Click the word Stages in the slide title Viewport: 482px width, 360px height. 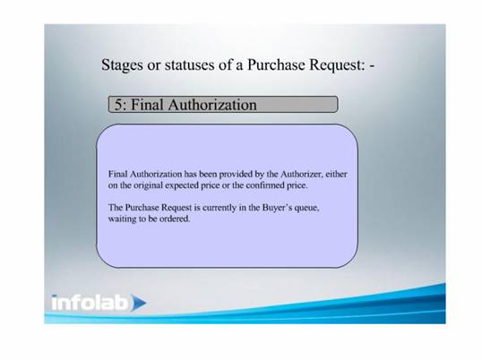coord(122,65)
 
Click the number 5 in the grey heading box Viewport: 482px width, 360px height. coord(118,105)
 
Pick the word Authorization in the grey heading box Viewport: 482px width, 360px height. coord(212,105)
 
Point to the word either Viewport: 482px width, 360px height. coord(336,174)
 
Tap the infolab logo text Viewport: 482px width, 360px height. coord(90,303)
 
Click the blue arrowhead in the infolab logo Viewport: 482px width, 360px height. coord(138,303)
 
